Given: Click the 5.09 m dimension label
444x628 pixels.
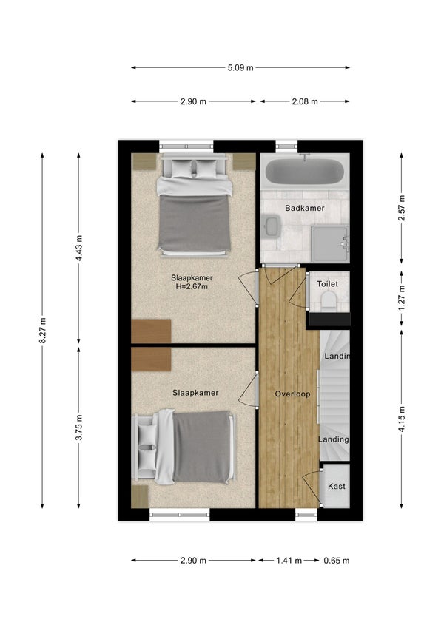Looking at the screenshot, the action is (240, 68).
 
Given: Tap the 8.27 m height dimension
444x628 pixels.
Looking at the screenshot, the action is (43, 330).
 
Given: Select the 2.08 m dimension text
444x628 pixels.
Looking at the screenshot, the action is (305, 101).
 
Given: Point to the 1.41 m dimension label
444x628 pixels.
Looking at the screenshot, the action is (289, 560).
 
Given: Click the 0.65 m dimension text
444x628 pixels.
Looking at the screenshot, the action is (337, 560).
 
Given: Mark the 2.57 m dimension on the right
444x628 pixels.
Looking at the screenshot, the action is (402, 207).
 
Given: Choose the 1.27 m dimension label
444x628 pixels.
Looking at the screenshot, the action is (402, 297).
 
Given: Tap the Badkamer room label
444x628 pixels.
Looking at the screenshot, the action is (305, 208).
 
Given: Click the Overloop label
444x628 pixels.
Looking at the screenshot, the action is (292, 394).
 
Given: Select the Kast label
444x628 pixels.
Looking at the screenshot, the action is (337, 486).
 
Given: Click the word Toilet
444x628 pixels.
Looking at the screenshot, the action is (327, 283).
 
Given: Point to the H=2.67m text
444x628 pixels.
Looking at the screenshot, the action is (192, 286).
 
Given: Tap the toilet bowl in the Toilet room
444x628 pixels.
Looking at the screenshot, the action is (329, 300).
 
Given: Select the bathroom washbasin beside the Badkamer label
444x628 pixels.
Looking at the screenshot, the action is (272, 226).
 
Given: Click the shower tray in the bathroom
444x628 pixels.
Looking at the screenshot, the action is (330, 243).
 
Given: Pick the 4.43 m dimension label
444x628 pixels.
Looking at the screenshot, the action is (79, 248).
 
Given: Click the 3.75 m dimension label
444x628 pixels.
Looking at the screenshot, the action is (79, 427).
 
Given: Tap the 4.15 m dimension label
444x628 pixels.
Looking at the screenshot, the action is (402, 419).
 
